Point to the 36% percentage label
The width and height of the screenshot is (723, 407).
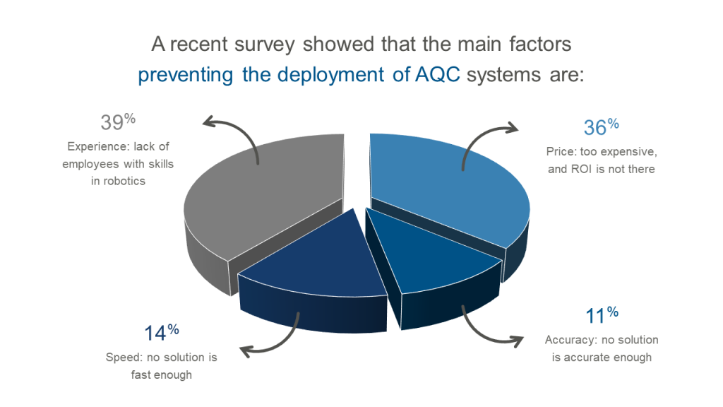pyautogui.click(x=601, y=126)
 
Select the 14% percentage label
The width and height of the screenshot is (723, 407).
pyautogui.click(x=162, y=332)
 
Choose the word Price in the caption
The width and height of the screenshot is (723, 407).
pyautogui.click(x=560, y=151)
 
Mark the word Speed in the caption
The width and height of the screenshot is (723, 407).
pyautogui.click(x=123, y=358)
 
